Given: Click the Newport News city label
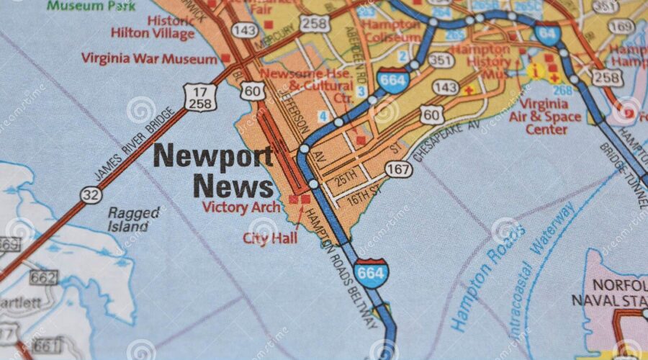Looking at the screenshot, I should tap(214, 171).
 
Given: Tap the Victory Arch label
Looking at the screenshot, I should tap(240, 207).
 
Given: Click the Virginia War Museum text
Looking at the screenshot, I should tap(150, 58).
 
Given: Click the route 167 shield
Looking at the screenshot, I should tap(398, 169).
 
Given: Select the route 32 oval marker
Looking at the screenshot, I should tap(91, 194).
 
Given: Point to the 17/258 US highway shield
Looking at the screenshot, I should tap(198, 97).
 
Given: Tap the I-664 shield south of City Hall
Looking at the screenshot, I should tap(371, 273).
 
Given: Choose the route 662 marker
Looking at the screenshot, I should tap(42, 276).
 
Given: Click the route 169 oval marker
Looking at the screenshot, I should tap(620, 27).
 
